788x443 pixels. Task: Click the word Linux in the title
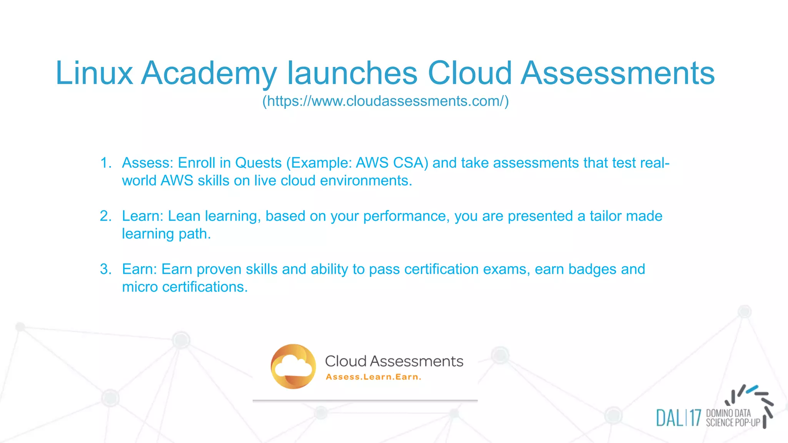[94, 73]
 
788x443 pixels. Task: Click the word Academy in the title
[209, 73]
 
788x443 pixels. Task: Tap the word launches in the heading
[352, 73]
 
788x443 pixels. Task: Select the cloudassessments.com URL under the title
[386, 101]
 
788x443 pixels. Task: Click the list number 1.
[105, 163]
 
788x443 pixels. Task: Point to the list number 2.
[105, 216]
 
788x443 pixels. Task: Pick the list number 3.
[105, 269]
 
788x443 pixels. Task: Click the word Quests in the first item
[258, 163]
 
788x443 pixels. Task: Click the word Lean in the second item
[184, 216]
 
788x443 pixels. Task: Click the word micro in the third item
[140, 287]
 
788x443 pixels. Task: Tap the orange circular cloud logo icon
[293, 366]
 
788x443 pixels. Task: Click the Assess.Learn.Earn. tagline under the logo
[373, 377]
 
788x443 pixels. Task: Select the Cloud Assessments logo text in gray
[394, 361]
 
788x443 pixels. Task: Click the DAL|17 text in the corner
[678, 418]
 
